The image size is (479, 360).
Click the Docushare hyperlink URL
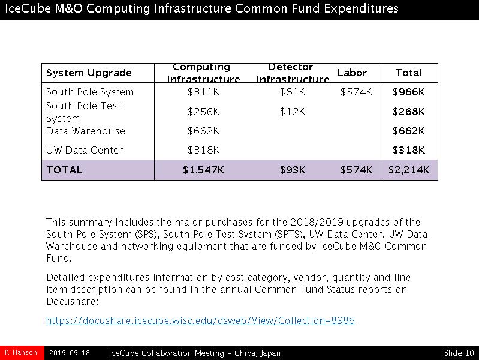click(200, 320)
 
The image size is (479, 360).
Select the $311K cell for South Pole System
click(203, 92)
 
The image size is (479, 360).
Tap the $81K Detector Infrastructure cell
click(293, 92)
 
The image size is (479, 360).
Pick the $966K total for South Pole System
click(409, 92)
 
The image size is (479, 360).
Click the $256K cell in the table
click(203, 112)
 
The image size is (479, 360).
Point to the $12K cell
click(293, 112)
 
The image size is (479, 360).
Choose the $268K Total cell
click(409, 112)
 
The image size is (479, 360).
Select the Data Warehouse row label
click(86, 131)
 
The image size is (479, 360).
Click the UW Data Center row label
click(85, 150)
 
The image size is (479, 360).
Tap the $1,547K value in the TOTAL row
click(203, 170)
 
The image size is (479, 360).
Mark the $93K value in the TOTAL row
click(293, 170)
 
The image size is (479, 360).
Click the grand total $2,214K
click(409, 170)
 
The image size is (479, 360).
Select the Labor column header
click(352, 73)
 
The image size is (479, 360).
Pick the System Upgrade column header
click(89, 73)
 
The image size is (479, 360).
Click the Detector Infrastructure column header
click(293, 73)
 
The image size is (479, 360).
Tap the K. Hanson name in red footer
click(22, 352)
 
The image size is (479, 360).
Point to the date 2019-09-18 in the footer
click(70, 353)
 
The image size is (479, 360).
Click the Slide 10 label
click(459, 353)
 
